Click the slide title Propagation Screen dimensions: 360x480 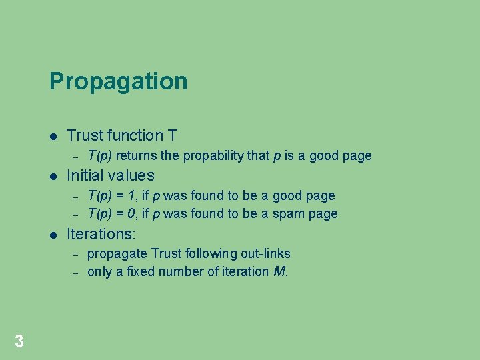pyautogui.click(x=118, y=81)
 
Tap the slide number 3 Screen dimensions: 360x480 pyautogui.click(x=19, y=342)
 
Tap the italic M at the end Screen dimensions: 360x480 pyautogui.click(x=279, y=271)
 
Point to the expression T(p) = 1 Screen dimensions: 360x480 pyautogui.click(x=110, y=195)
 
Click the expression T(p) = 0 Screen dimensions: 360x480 pyautogui.click(x=110, y=214)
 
